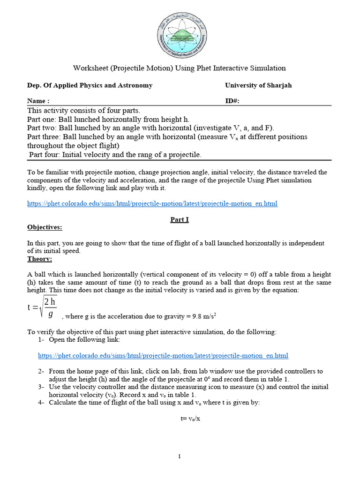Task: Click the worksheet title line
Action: pos(179,68)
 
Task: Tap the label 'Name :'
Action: pos(38,101)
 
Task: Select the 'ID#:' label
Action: pos(233,101)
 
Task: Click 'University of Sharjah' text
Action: pos(258,85)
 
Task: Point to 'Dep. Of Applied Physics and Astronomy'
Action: pos(90,85)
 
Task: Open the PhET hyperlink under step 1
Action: pos(163,356)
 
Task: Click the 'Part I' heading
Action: pos(179,219)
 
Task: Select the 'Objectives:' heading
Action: pos(44,227)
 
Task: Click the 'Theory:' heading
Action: pos(40,259)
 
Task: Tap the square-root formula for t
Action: pos(43,307)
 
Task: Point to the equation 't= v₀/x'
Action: pos(180,418)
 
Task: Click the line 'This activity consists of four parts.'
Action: pos(83,111)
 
